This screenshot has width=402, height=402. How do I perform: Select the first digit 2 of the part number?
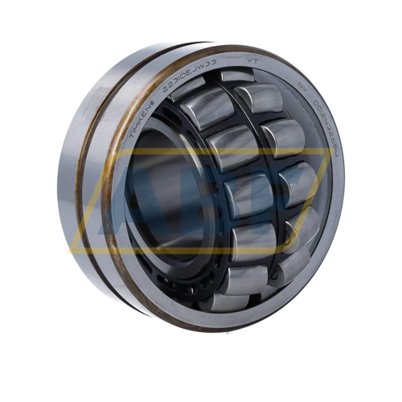point(167,88)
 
